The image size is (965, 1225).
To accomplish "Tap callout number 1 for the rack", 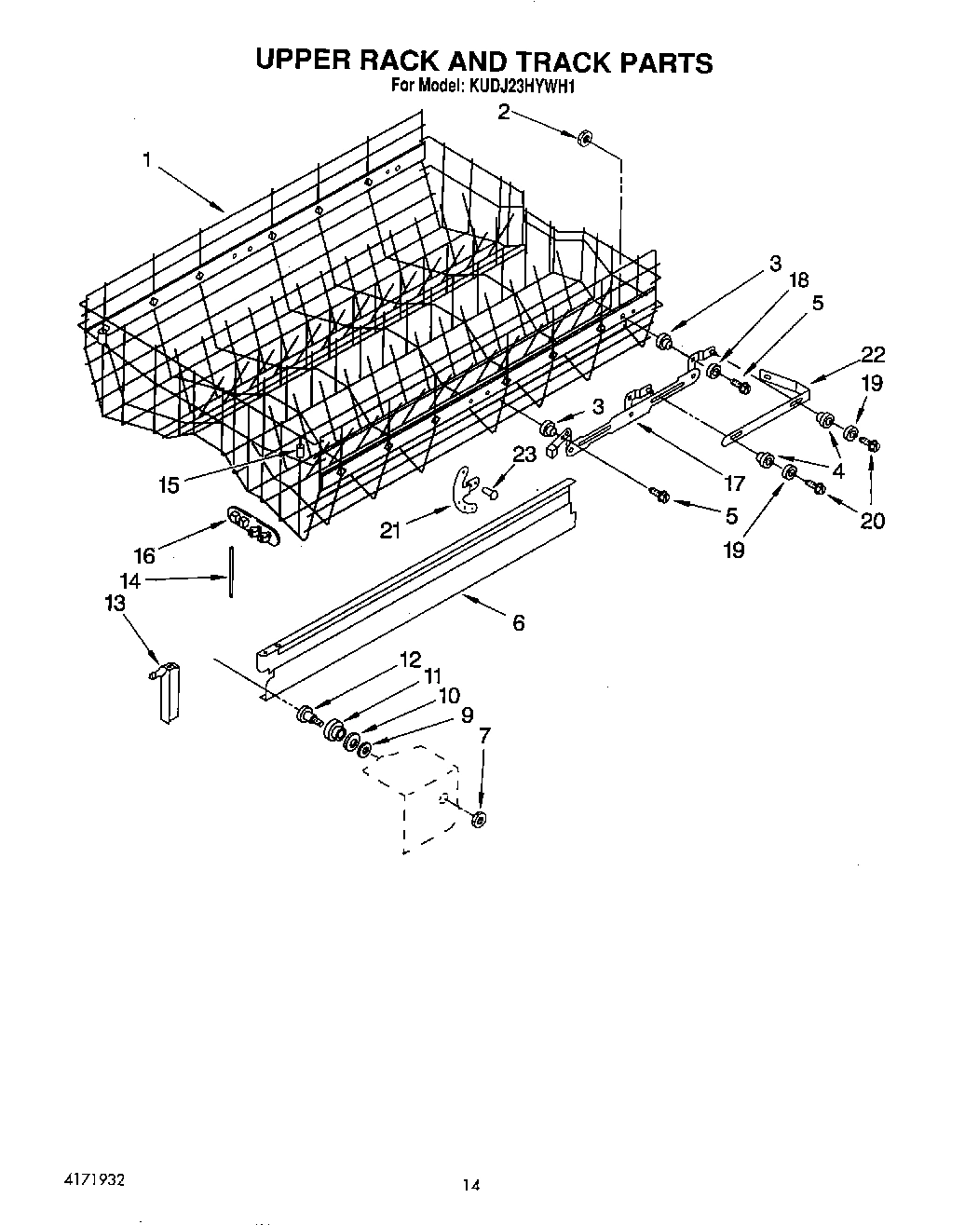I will coord(146,160).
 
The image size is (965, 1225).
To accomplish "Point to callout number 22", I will coord(874,354).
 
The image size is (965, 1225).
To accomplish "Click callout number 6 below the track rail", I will coord(518,622).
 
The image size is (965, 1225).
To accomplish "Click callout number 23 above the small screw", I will coord(524,456).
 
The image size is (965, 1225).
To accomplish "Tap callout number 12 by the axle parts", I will coord(411,659).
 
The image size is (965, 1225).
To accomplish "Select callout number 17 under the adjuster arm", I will coord(734,483).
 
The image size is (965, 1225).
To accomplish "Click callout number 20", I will coord(872,520).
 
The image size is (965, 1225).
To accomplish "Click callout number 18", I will coord(797,279).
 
